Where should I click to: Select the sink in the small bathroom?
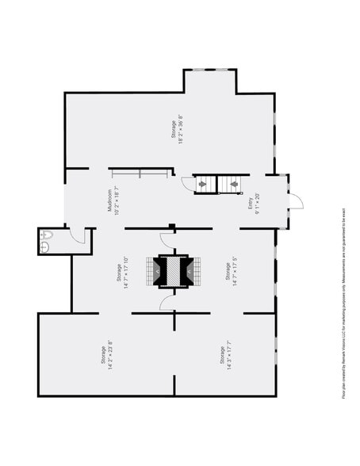pos(45,247)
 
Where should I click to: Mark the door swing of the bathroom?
pos(78,235)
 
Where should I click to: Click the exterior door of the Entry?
pos(294,199)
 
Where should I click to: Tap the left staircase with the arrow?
pos(204,184)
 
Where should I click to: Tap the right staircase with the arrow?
pos(236,184)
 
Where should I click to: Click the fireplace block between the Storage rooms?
pos(174,271)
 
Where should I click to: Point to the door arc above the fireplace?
pos(167,239)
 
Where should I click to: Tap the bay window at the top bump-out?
pos(210,70)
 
